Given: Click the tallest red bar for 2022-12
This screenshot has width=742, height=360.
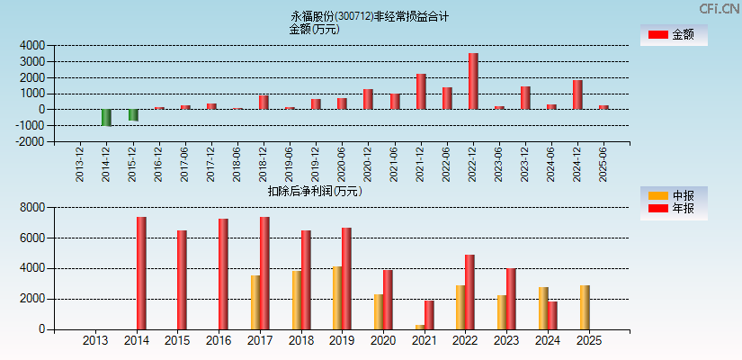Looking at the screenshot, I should pos(473,81).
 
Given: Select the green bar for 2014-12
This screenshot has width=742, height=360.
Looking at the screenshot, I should pos(107,118).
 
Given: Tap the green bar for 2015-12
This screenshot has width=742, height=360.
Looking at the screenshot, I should pos(133,115).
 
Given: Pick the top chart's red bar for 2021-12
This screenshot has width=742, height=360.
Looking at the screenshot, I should pos(421,92).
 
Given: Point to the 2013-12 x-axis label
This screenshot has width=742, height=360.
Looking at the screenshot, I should pos(81,164).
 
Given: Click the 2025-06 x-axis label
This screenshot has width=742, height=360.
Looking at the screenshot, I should pos(603,164).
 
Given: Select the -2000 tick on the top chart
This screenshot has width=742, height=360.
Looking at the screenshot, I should pos(30,141).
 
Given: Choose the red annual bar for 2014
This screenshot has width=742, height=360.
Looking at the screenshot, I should pos(141,273).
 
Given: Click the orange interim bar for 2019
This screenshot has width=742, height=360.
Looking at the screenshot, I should pos(337,298).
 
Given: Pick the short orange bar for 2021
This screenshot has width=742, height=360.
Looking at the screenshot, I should pos(419,327).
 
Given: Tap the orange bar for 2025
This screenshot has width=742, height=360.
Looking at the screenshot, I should pos(585,307).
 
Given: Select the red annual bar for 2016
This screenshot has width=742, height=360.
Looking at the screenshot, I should pos(223,274).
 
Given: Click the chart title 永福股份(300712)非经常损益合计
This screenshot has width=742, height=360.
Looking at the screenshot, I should pos(369,16).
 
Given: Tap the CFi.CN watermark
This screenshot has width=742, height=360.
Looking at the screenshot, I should pos(720,8).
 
